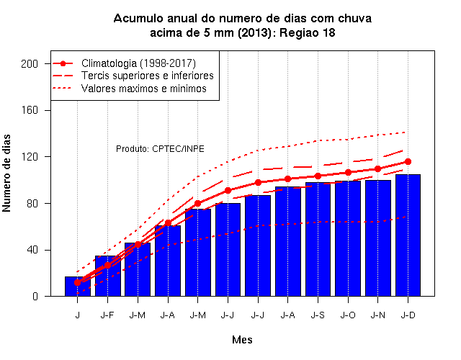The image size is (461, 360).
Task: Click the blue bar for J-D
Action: [408, 235]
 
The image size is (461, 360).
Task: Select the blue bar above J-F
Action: [107, 276]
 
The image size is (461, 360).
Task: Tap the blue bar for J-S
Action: [318, 239]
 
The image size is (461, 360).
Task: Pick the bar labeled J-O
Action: [348, 238]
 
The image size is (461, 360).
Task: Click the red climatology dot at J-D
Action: [408, 161]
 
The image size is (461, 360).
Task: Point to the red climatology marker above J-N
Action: [377, 169]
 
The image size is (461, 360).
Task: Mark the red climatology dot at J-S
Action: [318, 176]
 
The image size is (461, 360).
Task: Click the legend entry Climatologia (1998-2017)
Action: [138, 63]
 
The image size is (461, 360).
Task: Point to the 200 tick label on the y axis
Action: [30, 64]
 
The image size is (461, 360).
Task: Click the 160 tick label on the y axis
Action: [30, 110]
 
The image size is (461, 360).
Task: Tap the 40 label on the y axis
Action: [32, 250]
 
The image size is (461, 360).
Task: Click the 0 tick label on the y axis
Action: [35, 296]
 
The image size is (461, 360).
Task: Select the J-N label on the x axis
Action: [377, 315]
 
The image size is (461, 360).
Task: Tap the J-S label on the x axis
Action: [318, 315]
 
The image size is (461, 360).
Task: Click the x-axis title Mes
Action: [242, 340]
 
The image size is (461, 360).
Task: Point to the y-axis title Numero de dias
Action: [6, 173]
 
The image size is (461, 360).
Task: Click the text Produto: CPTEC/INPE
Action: [160, 149]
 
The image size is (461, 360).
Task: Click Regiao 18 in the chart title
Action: [307, 32]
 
